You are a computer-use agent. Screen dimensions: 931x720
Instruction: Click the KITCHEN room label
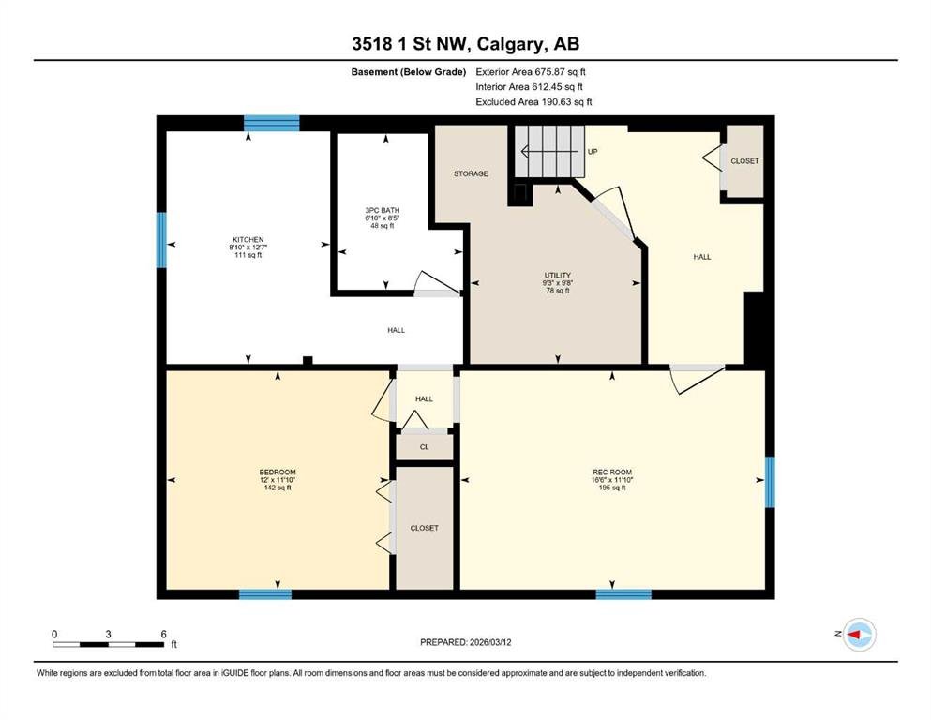(248, 240)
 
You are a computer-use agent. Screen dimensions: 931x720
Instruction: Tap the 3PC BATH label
(383, 210)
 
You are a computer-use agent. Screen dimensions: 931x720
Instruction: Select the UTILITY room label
(558, 276)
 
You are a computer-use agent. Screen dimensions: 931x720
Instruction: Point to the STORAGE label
(471, 174)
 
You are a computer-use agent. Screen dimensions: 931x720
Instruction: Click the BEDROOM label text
(278, 472)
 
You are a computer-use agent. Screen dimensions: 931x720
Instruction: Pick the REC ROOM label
(612, 472)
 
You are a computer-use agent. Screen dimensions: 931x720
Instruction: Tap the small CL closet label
(424, 447)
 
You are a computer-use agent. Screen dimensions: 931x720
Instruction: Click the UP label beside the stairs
(593, 152)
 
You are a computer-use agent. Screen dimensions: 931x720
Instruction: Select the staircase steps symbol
(549, 151)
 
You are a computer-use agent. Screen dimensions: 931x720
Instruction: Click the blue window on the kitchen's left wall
(161, 240)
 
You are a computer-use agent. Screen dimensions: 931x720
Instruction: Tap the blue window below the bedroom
(265, 594)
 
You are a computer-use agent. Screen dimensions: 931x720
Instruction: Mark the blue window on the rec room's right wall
(770, 482)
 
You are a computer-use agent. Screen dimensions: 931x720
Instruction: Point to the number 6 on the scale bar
(164, 634)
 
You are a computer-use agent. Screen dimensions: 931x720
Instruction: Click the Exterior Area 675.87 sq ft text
(531, 72)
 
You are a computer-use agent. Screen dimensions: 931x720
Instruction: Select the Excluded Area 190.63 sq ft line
(533, 101)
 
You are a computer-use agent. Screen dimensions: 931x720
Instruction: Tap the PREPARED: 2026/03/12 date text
(465, 642)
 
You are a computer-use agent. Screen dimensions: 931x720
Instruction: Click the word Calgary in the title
(510, 44)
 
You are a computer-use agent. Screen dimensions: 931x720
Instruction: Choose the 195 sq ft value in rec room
(612, 487)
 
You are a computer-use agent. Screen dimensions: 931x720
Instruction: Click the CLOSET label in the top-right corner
(744, 161)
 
